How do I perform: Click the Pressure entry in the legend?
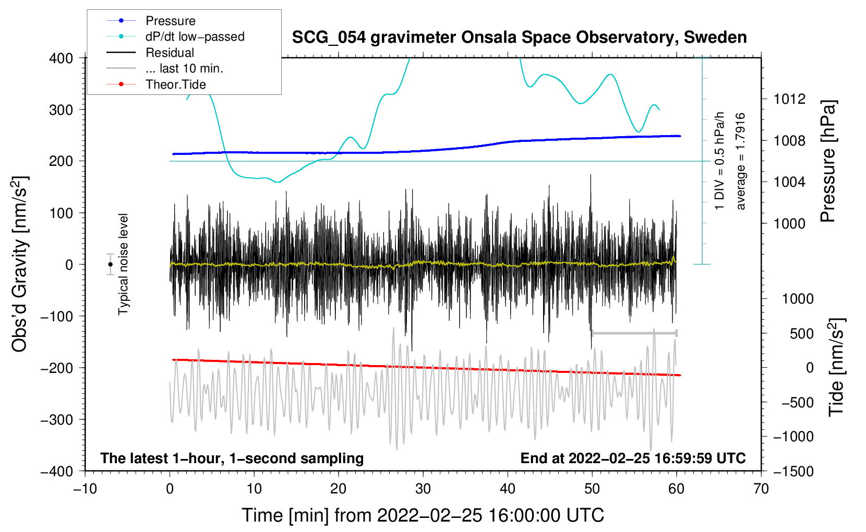coord(170,21)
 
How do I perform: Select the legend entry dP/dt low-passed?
coord(195,37)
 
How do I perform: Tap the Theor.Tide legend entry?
coord(175,84)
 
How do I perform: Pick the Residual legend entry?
coord(170,53)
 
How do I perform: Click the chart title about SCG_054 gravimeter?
coord(519,38)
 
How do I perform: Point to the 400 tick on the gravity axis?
coord(61,58)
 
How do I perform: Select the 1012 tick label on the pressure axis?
coord(789,99)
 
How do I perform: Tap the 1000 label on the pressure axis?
coord(789,223)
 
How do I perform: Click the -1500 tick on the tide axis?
coord(793,471)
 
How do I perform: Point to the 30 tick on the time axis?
coord(423,489)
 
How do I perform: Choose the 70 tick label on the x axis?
coord(761,489)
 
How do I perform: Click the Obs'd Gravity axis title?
coord(20,264)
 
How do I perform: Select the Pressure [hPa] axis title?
coord(828,161)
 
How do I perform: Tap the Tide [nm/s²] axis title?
coord(836,366)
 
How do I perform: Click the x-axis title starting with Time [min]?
coord(423,515)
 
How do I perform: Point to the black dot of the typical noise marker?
coord(110,264)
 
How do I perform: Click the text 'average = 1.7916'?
coord(741,161)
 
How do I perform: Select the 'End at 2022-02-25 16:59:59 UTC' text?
coord(633,458)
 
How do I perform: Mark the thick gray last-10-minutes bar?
coord(634,333)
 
